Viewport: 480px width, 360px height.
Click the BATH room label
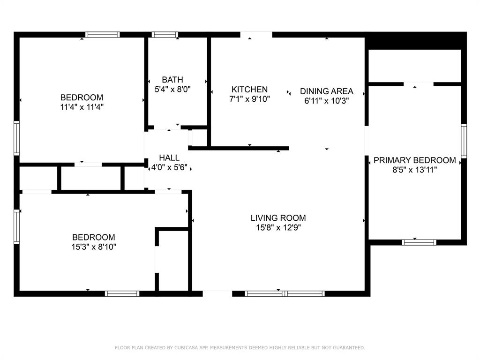pyautogui.click(x=172, y=80)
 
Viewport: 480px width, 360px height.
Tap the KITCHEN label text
pyautogui.click(x=249, y=90)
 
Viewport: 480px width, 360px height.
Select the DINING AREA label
pyautogui.click(x=327, y=91)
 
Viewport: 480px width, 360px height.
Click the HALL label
pyautogui.click(x=169, y=157)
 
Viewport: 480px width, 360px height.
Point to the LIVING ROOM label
pyautogui.click(x=278, y=218)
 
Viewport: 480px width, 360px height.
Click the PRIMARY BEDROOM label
pyautogui.click(x=415, y=160)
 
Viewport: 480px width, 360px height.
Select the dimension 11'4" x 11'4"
pyautogui.click(x=82, y=107)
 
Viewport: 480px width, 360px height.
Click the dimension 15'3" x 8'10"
pyautogui.click(x=94, y=247)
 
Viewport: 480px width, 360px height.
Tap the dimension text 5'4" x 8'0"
pyautogui.click(x=172, y=90)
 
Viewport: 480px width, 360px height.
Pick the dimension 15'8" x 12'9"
pyautogui.click(x=278, y=228)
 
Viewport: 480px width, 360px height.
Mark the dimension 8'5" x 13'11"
pyautogui.click(x=415, y=170)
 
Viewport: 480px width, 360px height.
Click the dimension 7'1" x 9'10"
pyautogui.click(x=249, y=99)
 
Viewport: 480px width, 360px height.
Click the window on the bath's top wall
pyautogui.click(x=165, y=35)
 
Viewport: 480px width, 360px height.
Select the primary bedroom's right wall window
pyautogui.click(x=464, y=141)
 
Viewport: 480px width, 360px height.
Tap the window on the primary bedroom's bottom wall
pyautogui.click(x=419, y=242)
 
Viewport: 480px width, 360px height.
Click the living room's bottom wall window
pyautogui.click(x=285, y=294)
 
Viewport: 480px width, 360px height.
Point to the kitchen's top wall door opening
pyautogui.click(x=256, y=35)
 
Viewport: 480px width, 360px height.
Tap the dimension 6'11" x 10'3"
pyautogui.click(x=327, y=101)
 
